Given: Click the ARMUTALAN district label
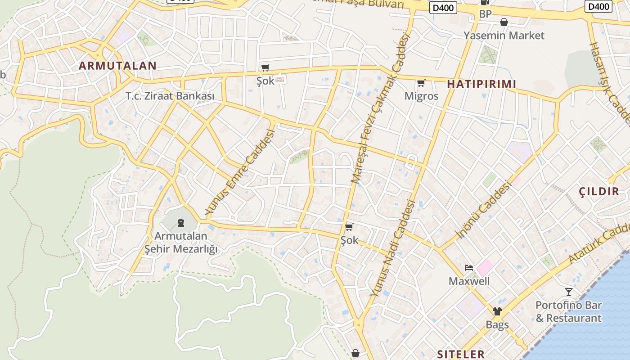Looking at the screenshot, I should (x=117, y=66).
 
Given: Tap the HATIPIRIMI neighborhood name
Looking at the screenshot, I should (x=481, y=84).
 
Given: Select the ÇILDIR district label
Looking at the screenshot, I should (x=599, y=192).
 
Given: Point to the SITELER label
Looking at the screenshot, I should (x=461, y=354).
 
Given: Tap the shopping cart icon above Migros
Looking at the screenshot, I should (x=421, y=83).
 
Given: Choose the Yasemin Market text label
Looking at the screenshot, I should (x=504, y=36).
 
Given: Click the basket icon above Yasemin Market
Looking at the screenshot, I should (x=504, y=22).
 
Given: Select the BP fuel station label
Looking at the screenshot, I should (x=485, y=14).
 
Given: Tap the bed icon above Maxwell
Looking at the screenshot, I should (x=469, y=268).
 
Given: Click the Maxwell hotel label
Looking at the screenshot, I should (x=469, y=281).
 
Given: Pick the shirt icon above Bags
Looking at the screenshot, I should (x=497, y=311).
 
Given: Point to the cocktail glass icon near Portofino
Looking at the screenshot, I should (x=569, y=292).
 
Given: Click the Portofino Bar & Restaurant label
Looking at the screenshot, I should (x=568, y=311).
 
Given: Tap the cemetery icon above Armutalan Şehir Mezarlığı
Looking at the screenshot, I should (x=181, y=222).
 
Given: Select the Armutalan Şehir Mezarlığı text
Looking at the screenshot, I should (x=181, y=242).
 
